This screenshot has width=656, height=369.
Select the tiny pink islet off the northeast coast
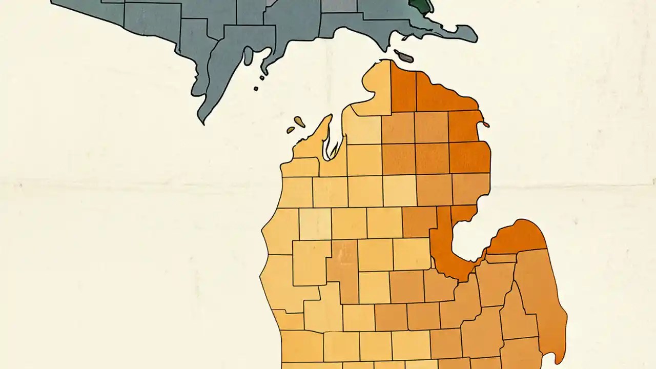coord(485,124)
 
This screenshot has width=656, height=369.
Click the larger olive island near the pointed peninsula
coord(299,122)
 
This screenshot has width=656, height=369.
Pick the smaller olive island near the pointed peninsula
coord(291,130)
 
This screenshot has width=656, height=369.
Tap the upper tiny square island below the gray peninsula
coord(262,78)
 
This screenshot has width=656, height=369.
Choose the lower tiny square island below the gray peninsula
coord(256,89)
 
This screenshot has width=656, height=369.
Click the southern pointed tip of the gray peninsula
coord(204,122)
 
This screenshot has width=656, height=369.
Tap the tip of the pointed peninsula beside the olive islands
coord(330,117)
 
